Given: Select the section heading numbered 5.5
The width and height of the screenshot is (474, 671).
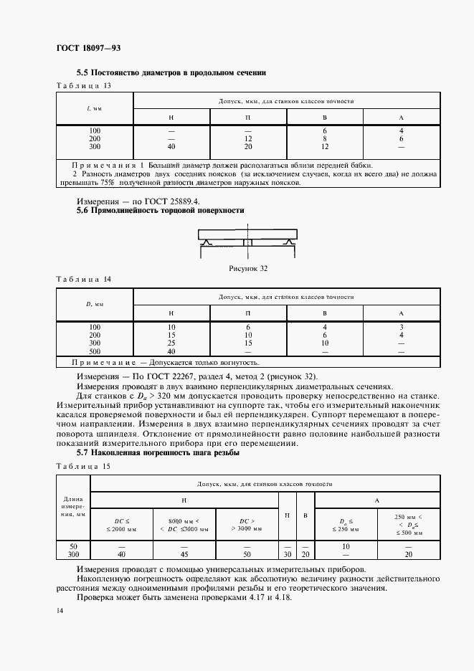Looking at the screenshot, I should [x=171, y=72].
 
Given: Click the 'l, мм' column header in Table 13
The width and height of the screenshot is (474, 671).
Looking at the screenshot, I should [x=94, y=109].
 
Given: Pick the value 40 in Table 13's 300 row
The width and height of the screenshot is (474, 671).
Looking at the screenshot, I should [x=171, y=147].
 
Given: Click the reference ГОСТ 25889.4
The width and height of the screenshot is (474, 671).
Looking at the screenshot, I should [x=168, y=201].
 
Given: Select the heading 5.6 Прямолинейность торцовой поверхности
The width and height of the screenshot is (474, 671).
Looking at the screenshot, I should [x=160, y=211].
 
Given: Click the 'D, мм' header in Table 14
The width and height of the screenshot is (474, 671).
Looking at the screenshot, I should [x=94, y=305].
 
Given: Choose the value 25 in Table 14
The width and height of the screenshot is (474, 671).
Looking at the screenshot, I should [x=171, y=343].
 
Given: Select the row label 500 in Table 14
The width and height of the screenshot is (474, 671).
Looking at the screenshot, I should [x=95, y=351].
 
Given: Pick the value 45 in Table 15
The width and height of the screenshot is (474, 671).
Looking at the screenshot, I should [x=184, y=554].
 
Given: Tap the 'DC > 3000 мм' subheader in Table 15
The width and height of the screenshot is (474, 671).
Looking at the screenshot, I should [x=246, y=524].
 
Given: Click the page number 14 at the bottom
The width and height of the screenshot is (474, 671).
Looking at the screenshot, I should [x=60, y=609].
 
